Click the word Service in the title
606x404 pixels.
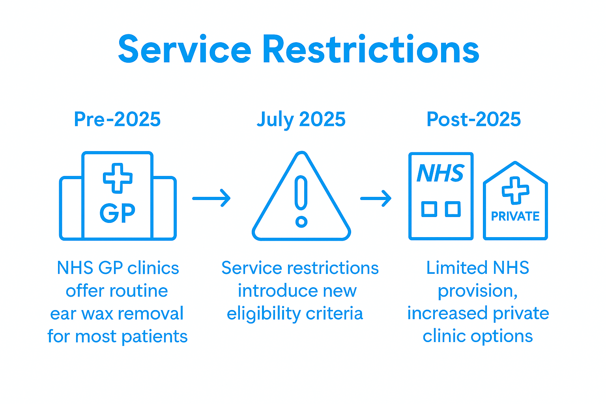point(185,50)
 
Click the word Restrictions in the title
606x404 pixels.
point(371,50)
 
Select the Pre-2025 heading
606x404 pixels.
point(117,119)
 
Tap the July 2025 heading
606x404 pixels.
point(301,119)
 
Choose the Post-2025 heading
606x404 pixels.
point(473,119)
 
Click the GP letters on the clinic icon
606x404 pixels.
point(117,213)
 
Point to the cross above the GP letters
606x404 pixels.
point(118,178)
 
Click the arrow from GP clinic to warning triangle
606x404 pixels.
point(211,198)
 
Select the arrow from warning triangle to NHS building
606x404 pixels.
point(376,198)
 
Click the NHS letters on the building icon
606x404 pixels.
point(440,173)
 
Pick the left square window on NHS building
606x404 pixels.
point(429,209)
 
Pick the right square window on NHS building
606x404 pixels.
point(453,209)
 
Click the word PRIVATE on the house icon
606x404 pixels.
point(515,216)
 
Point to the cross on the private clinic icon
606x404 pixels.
point(515,191)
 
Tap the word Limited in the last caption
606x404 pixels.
point(452,268)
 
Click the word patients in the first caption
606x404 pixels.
point(154,337)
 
